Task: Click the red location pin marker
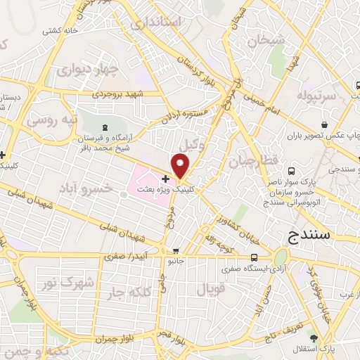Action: coord(181,166)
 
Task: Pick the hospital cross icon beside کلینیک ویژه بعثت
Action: coord(165,179)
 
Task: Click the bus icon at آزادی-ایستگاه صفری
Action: coord(262,257)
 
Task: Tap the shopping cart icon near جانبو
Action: coord(176,251)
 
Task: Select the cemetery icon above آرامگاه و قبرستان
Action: coord(105,127)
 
